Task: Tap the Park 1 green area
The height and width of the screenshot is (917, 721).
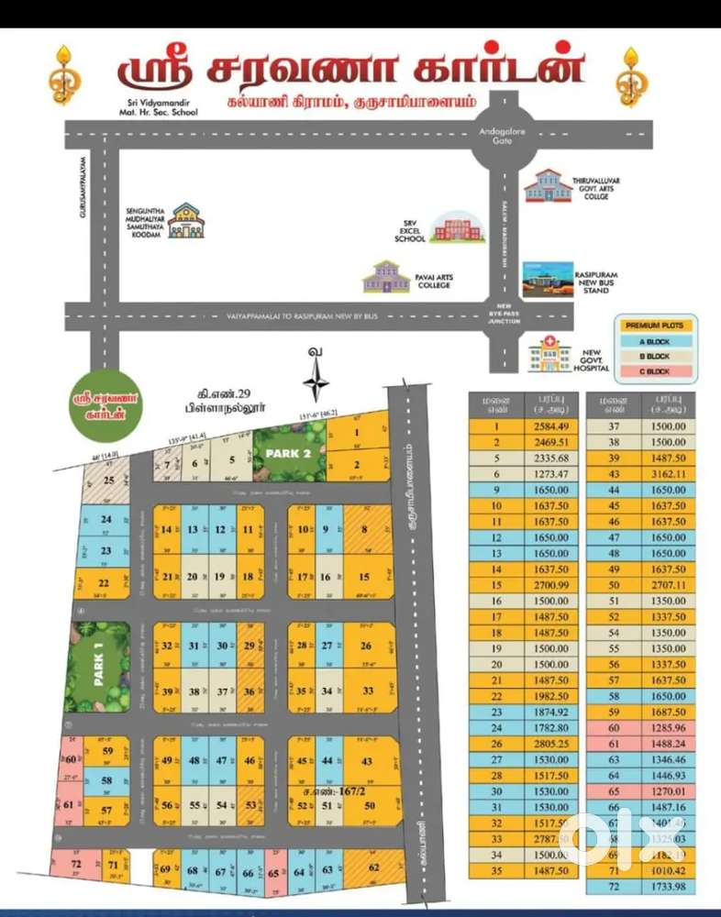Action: (98, 666)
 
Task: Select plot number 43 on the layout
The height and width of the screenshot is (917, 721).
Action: (367, 761)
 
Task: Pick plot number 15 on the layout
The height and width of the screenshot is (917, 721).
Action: (364, 577)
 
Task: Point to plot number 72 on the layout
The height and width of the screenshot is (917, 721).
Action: (75, 865)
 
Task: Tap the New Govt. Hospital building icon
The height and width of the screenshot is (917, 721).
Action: (549, 354)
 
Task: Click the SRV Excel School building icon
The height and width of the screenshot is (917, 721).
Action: (456, 226)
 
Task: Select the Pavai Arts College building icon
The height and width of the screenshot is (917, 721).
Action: (386, 277)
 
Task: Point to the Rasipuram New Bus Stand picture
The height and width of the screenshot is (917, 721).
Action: (548, 279)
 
